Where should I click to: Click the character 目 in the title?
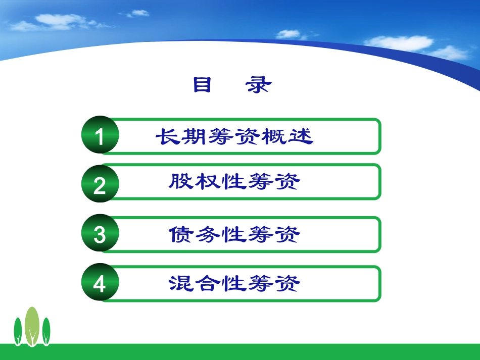point(202,85)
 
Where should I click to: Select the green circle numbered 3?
point(100,235)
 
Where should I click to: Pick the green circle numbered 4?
point(100,284)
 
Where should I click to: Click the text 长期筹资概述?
point(234,136)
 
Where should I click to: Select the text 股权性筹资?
point(234,182)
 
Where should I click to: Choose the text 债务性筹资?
point(234,235)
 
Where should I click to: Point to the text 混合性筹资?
point(234,284)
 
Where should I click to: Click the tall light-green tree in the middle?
point(32,326)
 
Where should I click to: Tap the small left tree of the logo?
point(18,331)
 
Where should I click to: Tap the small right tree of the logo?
point(46,331)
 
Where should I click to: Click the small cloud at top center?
point(138,13)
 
